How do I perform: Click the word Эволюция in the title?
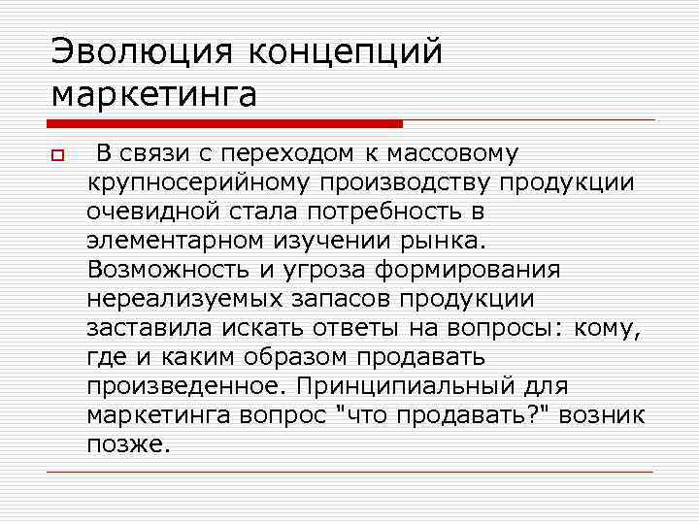coord(140,52)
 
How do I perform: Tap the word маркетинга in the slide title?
coord(154,95)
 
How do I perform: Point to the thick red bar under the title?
coord(224,124)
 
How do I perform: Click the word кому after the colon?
coord(606,328)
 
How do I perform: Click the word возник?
coord(604,416)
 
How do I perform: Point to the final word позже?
coord(127,444)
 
